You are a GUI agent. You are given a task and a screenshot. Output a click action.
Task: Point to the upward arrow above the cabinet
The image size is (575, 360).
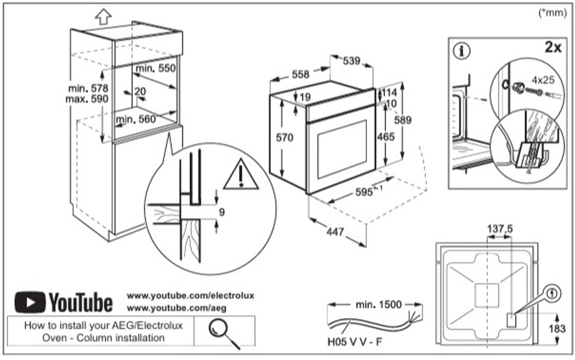[103, 16]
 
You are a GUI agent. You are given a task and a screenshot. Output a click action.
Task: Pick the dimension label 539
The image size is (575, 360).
[352, 60]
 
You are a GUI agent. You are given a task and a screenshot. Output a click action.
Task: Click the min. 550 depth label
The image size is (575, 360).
[155, 68]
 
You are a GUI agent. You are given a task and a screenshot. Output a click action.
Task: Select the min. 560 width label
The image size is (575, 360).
[136, 119]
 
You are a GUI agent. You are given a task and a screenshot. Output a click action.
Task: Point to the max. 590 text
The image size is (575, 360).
[85, 99]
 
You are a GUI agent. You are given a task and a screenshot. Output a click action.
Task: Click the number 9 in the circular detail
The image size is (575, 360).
[221, 212]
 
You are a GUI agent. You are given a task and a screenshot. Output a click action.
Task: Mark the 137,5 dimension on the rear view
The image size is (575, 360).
[500, 229]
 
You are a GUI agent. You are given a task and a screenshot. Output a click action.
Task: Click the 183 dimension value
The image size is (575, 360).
[562, 330]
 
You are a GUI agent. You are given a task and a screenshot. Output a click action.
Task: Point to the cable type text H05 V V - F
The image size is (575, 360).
[354, 343]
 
